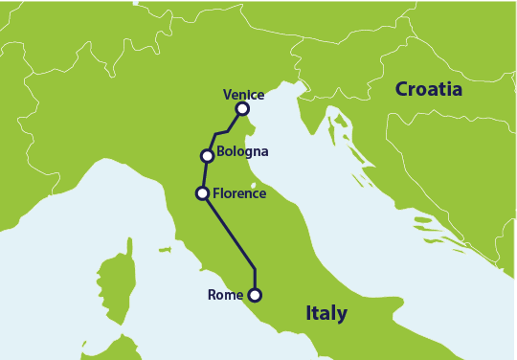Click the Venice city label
click(x=243, y=95)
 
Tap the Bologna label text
click(x=242, y=151)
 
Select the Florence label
click(x=240, y=193)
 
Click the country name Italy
click(x=326, y=313)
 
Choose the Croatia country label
click(x=429, y=90)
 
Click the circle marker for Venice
click(x=242, y=110)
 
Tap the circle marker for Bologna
click(x=206, y=155)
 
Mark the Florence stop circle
click(x=202, y=193)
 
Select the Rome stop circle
click(x=255, y=295)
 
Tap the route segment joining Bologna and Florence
click(x=204, y=174)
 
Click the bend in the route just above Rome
click(x=255, y=269)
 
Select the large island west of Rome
click(x=121, y=279)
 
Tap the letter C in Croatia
click(x=402, y=90)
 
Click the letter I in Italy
click(x=308, y=313)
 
